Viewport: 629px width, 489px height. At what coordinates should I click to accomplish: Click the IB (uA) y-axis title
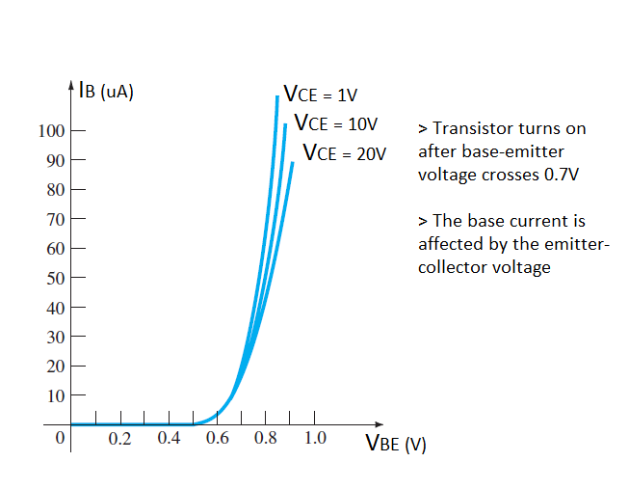(107, 94)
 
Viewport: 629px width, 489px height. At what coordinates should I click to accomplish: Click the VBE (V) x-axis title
(395, 445)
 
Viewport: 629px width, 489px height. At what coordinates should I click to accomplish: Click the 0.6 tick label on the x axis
(218, 439)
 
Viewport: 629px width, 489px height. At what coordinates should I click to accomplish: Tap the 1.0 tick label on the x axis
(315, 439)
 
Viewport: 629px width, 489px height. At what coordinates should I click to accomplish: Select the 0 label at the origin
(60, 439)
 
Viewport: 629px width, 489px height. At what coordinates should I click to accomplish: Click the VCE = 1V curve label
(320, 95)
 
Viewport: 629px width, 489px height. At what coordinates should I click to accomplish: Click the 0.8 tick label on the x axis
(266, 439)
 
